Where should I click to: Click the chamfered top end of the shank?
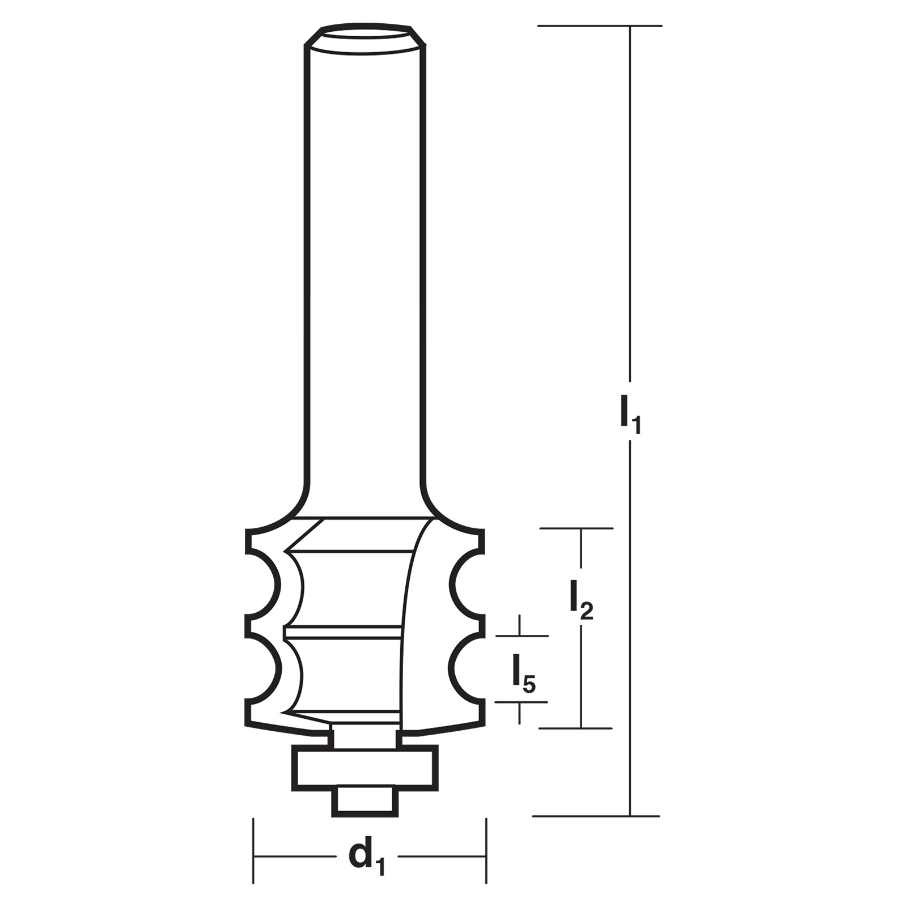click(x=365, y=39)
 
